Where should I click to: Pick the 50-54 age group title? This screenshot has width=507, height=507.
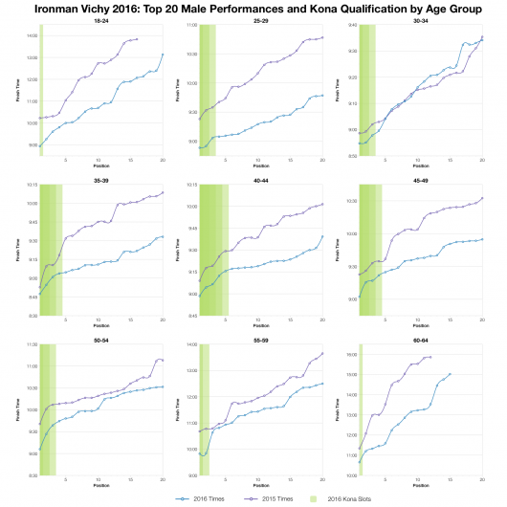coord(99,337)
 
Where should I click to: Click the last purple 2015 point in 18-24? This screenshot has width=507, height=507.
coord(138,39)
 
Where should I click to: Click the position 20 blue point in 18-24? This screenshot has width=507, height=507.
coord(163,55)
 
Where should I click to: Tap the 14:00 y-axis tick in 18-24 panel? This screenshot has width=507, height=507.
coord(32,36)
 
